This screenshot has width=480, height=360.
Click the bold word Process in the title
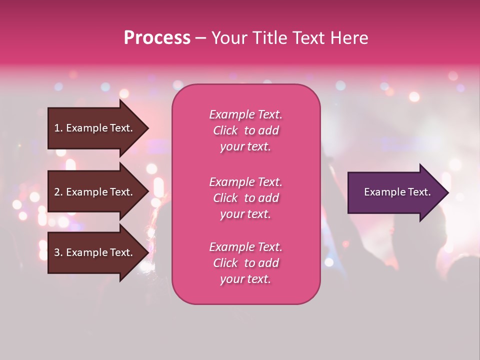click(x=157, y=38)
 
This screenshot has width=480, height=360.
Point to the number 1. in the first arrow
click(x=58, y=128)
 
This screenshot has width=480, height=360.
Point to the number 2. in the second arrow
click(x=58, y=192)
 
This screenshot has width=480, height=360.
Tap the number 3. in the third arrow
click(x=58, y=253)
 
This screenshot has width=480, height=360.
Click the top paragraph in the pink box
click(x=245, y=130)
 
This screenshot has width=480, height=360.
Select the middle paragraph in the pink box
click(x=245, y=198)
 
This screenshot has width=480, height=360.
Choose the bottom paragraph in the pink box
click(x=245, y=263)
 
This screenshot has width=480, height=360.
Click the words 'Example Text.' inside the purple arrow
click(x=397, y=192)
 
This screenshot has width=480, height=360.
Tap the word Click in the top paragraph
click(x=225, y=130)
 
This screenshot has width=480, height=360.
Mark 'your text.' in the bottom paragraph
click(x=245, y=279)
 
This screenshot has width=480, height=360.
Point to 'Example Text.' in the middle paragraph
click(x=245, y=182)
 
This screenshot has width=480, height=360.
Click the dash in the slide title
click(x=200, y=38)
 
